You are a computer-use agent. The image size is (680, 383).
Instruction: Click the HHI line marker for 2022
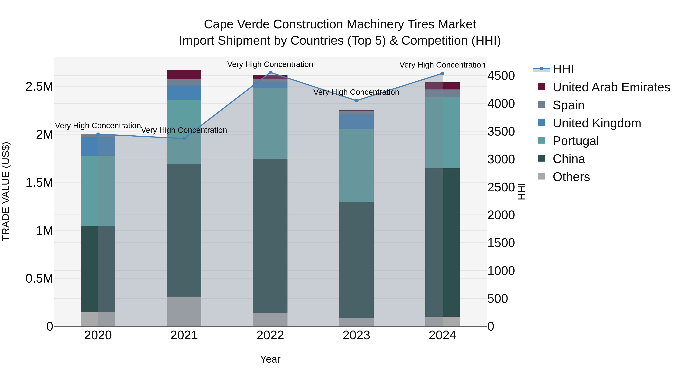(270, 72)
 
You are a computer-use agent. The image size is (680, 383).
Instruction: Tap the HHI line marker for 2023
(356, 101)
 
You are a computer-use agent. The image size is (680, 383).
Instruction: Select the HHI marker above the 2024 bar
(442, 74)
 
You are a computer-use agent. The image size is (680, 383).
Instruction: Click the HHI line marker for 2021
(184, 138)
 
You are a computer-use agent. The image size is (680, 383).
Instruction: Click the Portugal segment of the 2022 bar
(270, 124)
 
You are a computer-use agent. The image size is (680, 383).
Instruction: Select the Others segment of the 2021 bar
(184, 311)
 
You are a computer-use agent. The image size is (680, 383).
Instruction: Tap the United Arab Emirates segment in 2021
(184, 75)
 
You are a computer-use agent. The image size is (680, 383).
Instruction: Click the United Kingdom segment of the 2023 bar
(356, 122)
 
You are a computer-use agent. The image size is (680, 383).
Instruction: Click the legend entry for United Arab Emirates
(611, 87)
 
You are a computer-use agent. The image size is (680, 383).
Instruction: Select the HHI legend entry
(563, 69)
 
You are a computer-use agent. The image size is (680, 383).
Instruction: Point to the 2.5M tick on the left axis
(39, 87)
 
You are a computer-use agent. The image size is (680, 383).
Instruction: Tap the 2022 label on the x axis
(270, 335)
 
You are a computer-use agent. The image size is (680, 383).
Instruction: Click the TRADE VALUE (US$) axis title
(6, 191)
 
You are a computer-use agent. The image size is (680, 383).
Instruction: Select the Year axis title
(270, 359)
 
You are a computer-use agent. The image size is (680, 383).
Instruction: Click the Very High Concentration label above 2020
(98, 126)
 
